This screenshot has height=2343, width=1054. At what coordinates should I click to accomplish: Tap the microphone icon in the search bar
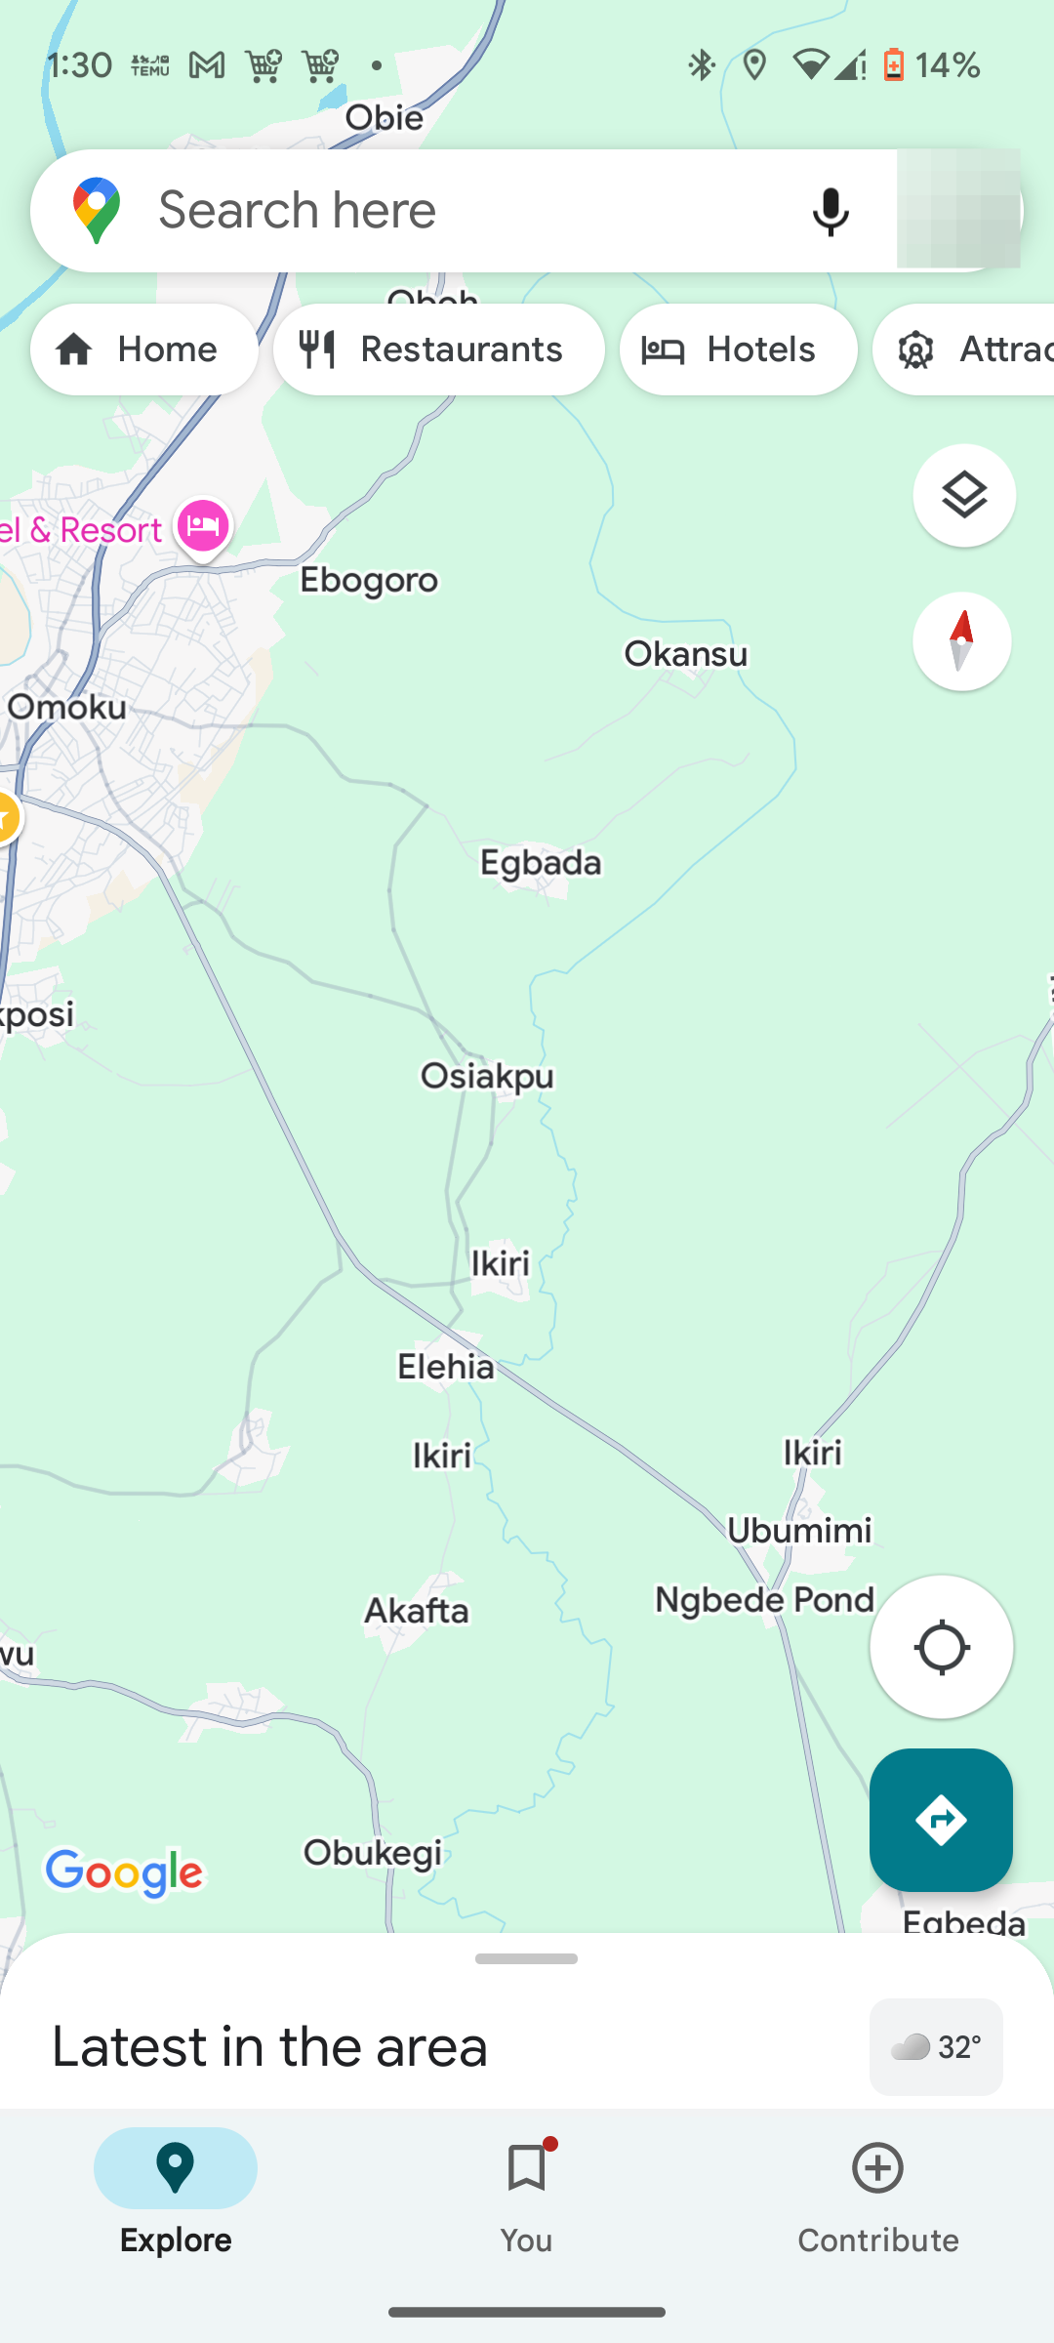831,211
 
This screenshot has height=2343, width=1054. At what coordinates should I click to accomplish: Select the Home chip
144,349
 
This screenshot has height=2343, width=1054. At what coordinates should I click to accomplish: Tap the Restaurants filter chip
439,349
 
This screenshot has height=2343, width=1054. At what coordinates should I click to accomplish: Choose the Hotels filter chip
738,349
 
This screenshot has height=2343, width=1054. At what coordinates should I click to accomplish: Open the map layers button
963,496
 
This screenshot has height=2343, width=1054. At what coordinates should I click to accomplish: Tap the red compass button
961,641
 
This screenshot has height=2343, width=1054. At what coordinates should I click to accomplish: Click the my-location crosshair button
941,1647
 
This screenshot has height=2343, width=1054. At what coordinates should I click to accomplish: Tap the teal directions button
941,1820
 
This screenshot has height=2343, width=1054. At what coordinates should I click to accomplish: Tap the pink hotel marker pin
203,527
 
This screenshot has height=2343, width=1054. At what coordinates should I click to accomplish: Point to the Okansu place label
686,654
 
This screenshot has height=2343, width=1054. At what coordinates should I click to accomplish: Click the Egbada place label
541,863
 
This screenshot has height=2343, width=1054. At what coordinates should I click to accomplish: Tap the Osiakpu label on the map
487,1076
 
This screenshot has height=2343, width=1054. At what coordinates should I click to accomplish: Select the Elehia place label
445,1366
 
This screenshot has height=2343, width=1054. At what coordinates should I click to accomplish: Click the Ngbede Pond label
764,1600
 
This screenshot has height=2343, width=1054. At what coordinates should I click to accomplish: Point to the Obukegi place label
373,1852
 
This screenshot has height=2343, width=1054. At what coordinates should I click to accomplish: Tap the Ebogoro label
369,580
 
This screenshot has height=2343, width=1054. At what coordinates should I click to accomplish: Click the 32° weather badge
936,2046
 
